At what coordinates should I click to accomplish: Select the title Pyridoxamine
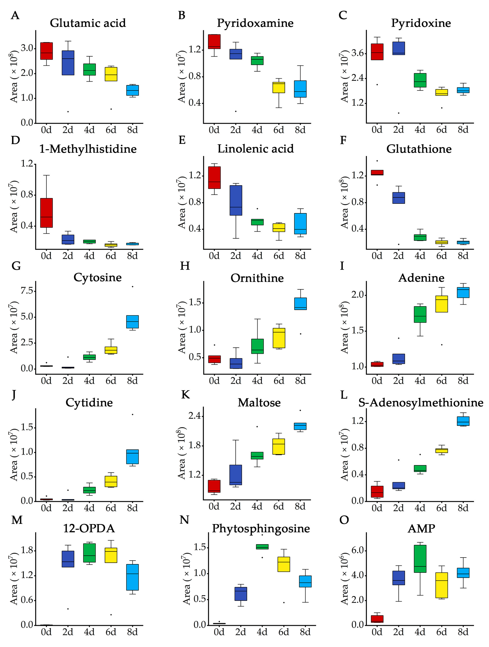(x=255, y=23)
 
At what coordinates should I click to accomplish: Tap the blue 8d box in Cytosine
(x=132, y=322)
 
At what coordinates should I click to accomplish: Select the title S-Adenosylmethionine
(x=421, y=403)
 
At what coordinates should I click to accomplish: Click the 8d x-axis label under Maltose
(x=300, y=506)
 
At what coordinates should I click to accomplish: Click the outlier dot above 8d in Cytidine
(x=133, y=414)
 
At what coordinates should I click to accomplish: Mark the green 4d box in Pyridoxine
(x=420, y=80)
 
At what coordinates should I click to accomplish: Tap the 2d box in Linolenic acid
(x=236, y=200)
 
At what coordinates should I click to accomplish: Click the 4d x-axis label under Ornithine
(x=257, y=381)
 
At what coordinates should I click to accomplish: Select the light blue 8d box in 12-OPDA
(x=132, y=577)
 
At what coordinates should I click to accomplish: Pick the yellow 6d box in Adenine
(x=442, y=304)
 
